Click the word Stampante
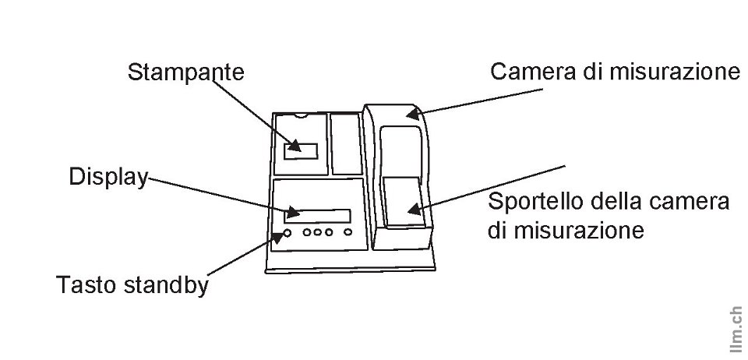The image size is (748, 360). click(x=185, y=72)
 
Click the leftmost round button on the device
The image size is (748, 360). click(x=288, y=232)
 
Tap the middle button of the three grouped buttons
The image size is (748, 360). click(x=319, y=232)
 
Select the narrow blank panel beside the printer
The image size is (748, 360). click(x=344, y=143)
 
